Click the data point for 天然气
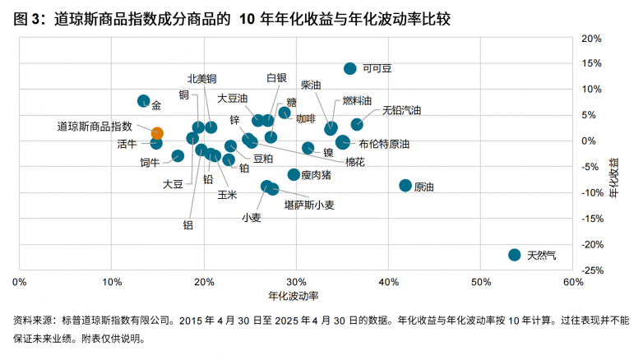[515, 255]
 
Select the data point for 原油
[405, 186]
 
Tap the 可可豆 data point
[350, 69]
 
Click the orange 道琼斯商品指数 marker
[157, 133]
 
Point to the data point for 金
[144, 101]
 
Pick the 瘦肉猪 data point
[294, 174]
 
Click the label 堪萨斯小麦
[309, 205]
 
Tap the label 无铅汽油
[401, 109]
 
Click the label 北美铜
[201, 79]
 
